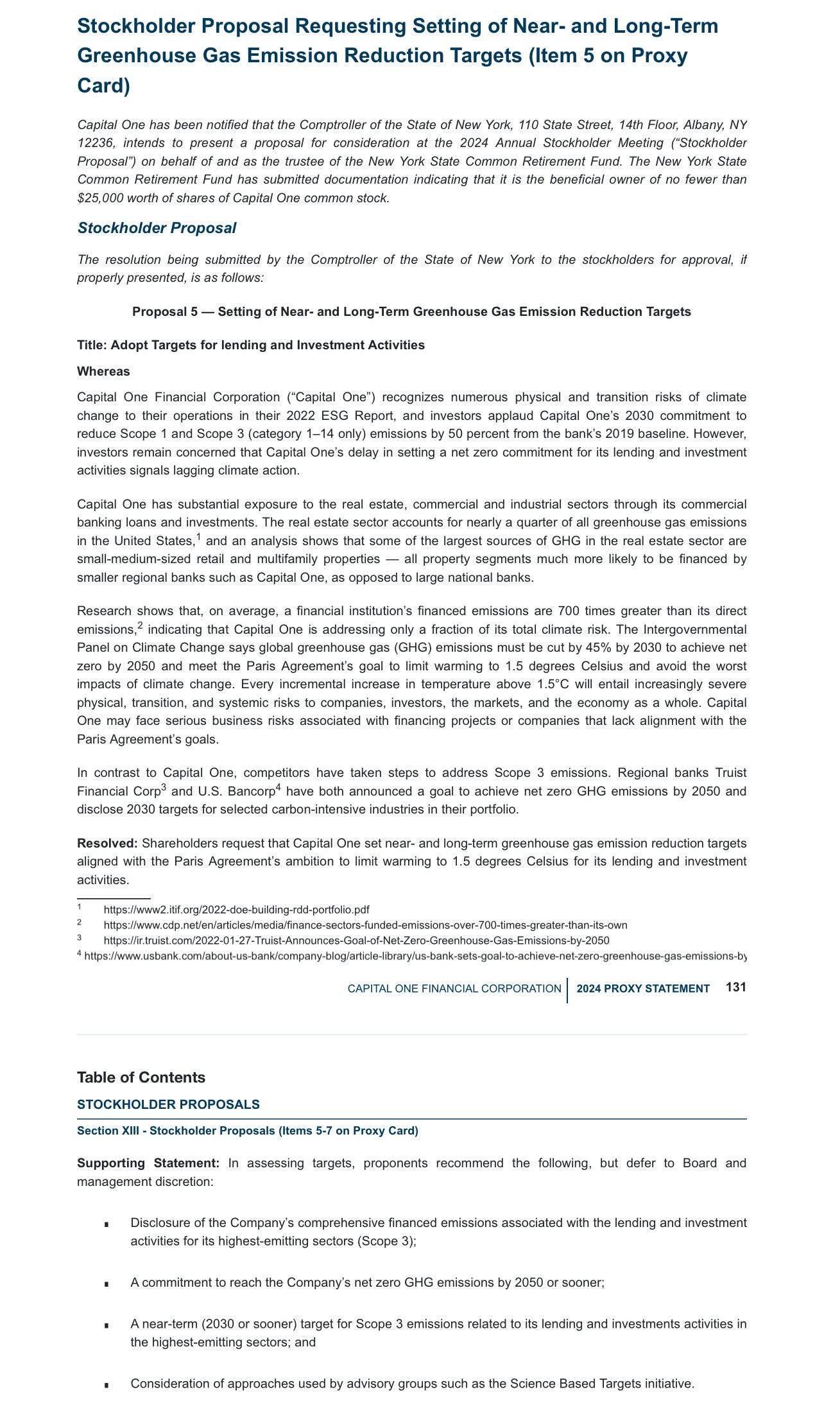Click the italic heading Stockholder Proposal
pos(157,228)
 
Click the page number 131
pos(736,988)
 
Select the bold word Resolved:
pos(107,843)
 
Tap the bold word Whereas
pos(103,372)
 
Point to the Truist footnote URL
pos(356,941)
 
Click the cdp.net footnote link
pos(365,925)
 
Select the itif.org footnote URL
pos(236,910)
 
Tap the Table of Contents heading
pos(141,1077)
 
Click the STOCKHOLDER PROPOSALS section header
pos(168,1104)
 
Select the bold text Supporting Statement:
pos(148,1163)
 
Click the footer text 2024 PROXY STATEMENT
pos(643,989)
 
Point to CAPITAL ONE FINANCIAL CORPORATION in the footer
pos(454,989)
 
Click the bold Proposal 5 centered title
pos(411,312)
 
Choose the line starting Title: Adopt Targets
pos(250,345)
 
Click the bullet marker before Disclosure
pos(107,1224)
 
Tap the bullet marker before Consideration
pos(107,1385)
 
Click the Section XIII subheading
pos(247,1131)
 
